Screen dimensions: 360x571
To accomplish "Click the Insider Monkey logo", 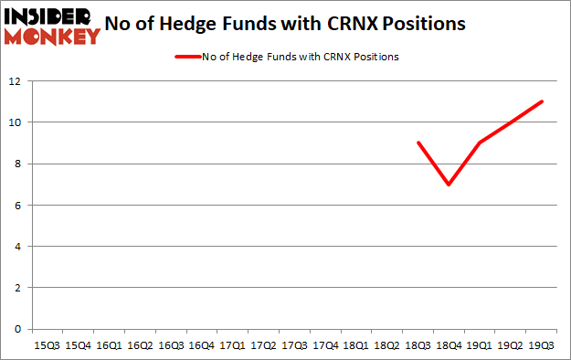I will point(52,26).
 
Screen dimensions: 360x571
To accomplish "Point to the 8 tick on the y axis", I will point(17,164).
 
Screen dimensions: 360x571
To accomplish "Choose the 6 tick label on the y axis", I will point(17,205).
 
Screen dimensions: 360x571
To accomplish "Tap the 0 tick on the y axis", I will point(17,329).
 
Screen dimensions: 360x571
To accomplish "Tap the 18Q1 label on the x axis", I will point(356,346).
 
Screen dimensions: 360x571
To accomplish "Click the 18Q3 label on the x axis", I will point(418,346).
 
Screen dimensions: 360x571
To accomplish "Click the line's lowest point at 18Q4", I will point(449,184).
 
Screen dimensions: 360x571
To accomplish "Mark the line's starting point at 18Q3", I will point(418,143).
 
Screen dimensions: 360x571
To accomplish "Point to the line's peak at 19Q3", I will point(543,101).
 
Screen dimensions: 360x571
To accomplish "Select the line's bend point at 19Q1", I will point(481,143).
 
